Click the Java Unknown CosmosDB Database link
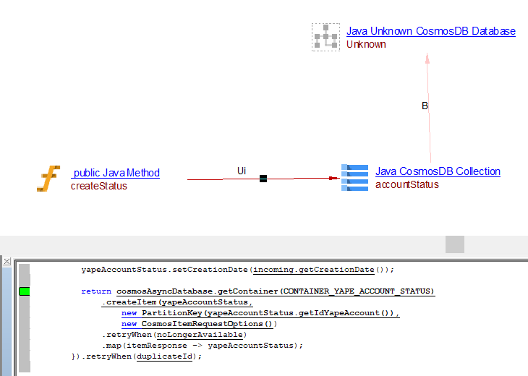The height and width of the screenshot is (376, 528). (x=430, y=31)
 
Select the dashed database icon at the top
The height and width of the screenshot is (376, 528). (x=325, y=37)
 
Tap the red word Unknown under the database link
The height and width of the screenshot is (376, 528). (x=366, y=44)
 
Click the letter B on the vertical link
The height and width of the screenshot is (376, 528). (x=425, y=106)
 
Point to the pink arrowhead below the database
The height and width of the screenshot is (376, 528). (x=427, y=59)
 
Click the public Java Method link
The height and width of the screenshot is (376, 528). (x=116, y=173)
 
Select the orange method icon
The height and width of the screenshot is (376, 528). (x=48, y=178)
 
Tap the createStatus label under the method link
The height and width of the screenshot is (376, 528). (x=98, y=186)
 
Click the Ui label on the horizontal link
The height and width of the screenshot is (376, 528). (x=242, y=171)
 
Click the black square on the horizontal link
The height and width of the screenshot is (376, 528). (x=263, y=178)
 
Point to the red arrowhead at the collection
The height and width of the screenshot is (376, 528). (x=333, y=178)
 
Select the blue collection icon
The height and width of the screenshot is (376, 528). (x=354, y=178)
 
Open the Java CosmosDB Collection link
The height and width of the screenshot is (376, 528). (x=438, y=171)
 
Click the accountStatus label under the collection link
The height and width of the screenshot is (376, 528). (x=406, y=184)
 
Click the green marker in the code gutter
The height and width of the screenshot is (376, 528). (x=24, y=291)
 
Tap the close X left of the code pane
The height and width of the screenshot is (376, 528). (x=7, y=261)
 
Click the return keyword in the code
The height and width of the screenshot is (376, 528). (x=96, y=291)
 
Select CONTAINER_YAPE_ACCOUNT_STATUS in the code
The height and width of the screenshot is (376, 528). (x=358, y=291)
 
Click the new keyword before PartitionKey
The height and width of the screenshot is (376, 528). (x=129, y=313)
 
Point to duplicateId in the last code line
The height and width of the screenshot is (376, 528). (x=166, y=356)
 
